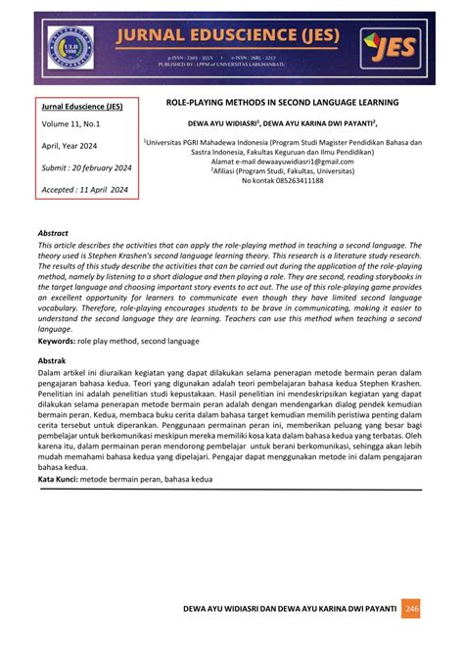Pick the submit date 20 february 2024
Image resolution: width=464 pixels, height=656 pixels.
coord(86,167)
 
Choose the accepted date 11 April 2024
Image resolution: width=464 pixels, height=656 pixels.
coord(86,190)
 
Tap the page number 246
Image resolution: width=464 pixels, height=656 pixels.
coord(412,608)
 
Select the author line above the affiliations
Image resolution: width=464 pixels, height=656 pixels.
coord(283,124)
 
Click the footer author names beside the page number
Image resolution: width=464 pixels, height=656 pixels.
coord(290,608)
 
